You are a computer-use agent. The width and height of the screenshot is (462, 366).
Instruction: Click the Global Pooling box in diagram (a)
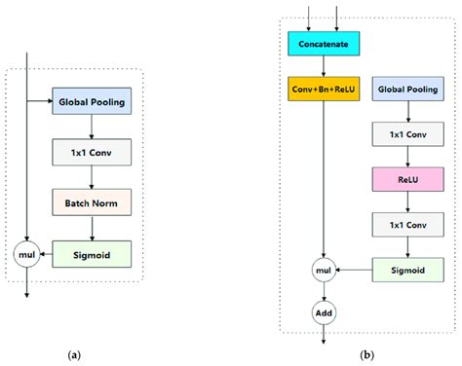[91, 101]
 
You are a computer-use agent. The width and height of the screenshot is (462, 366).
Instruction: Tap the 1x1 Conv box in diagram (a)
[91, 152]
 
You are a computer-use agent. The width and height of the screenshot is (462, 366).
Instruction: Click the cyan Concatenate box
[323, 43]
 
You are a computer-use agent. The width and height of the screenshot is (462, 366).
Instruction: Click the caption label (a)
[74, 356]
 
